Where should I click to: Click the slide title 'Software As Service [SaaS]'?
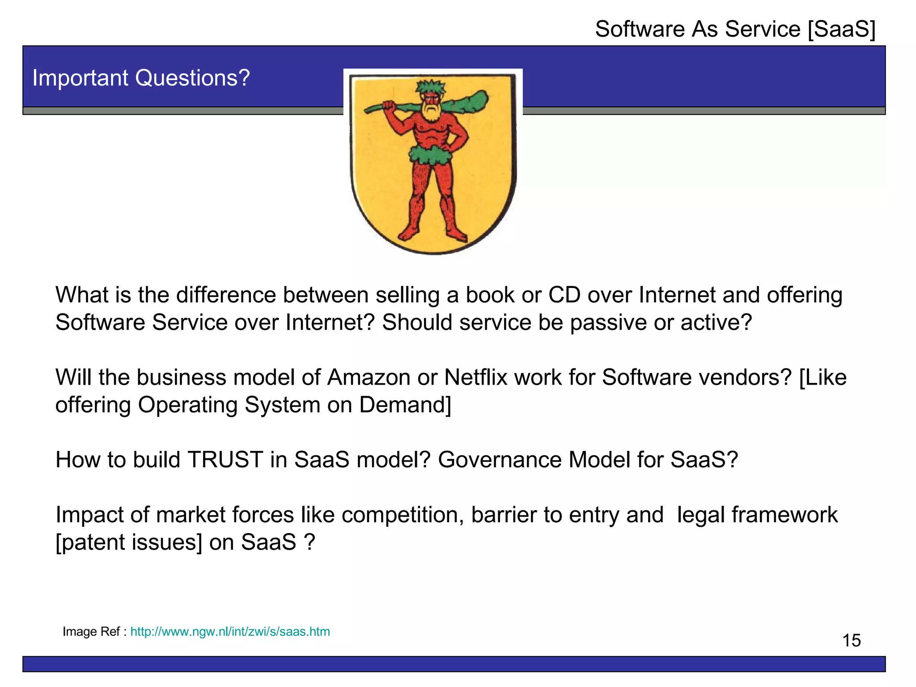coord(735,30)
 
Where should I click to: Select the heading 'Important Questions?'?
coord(141,78)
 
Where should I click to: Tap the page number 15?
coord(851,640)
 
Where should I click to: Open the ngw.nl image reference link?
coord(230,632)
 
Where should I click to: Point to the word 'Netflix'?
coord(475,377)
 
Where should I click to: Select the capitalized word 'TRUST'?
coord(225,460)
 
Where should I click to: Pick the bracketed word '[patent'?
coord(90,543)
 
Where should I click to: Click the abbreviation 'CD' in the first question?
coord(564,295)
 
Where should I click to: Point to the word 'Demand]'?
coord(405,405)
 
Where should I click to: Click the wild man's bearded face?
coord(430,104)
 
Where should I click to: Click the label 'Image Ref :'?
coord(94,632)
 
